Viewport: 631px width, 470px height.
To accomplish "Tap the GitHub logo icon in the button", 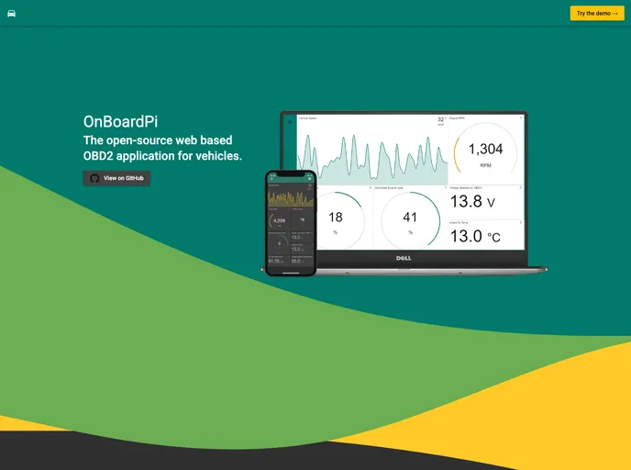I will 94,178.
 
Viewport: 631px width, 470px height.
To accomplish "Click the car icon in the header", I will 11,14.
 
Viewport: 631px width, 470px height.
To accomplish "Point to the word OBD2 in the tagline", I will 100,156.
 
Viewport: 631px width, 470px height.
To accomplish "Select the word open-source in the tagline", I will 138,140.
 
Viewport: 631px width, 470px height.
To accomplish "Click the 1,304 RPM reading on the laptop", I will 485,150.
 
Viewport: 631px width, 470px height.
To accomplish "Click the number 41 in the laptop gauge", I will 410,218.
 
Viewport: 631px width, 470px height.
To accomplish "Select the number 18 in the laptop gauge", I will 336,218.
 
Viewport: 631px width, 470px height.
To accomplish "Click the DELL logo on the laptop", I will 403,258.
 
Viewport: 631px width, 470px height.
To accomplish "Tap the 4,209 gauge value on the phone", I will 279,220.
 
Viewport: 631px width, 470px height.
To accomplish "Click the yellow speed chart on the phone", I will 290,198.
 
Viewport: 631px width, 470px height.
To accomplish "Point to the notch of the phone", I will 290,173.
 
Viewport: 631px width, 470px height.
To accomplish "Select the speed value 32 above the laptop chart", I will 440,119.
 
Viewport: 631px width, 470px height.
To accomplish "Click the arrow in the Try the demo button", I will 614,14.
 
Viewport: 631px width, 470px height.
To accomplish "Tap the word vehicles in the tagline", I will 215,156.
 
